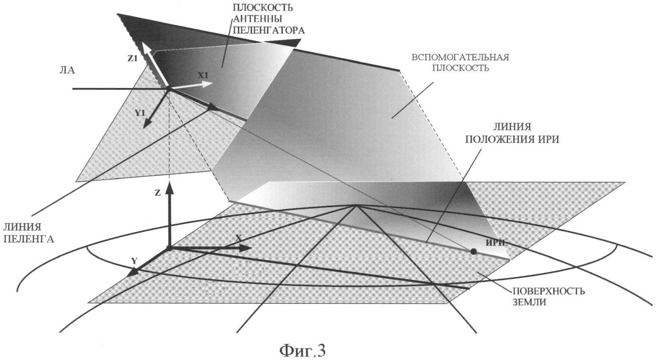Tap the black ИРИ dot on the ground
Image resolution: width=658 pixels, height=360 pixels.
coord(473,252)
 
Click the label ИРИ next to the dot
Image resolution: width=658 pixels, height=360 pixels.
coord(495,243)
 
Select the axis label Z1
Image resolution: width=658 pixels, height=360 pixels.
coord(132,58)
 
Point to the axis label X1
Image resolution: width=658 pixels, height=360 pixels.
coord(202,75)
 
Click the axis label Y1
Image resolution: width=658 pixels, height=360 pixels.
coord(141,113)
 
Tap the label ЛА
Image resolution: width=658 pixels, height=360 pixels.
coord(67,71)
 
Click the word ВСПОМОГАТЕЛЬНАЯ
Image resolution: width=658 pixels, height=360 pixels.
coord(460,57)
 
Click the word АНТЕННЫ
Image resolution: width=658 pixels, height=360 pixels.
coord(257,19)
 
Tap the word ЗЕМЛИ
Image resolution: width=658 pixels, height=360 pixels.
coord(530,302)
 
